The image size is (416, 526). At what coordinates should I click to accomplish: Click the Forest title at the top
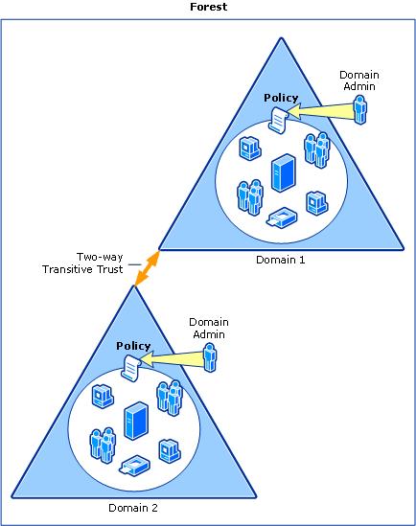[x=208, y=6]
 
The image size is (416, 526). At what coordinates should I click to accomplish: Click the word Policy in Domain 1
[x=281, y=99]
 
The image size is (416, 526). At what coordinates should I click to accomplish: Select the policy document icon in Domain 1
[x=279, y=119]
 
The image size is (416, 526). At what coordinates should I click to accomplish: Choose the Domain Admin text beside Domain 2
[x=209, y=328]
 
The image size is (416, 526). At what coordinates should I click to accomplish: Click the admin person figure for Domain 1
[x=359, y=109]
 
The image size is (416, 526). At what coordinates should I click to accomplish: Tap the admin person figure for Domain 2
[x=211, y=356]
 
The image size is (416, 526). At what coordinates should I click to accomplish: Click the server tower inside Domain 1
[x=283, y=173]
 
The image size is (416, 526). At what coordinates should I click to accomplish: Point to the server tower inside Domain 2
[x=136, y=421]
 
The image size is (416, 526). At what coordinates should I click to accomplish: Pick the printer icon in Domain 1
[x=282, y=217]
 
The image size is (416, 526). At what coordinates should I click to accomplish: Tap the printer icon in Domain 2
[x=134, y=465]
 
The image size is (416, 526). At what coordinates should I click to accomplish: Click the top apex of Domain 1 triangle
[x=281, y=39]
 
